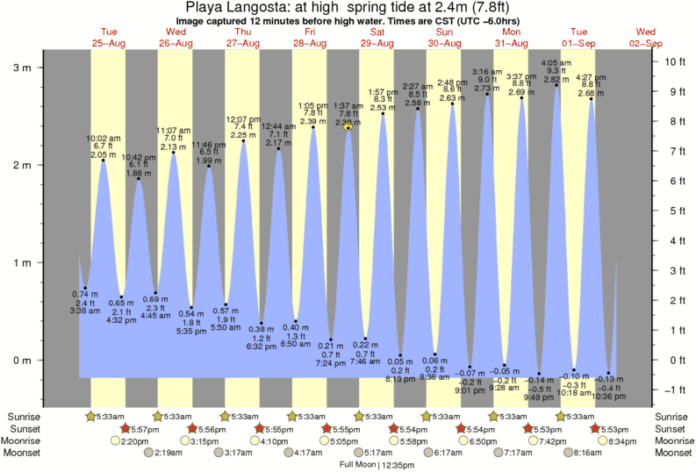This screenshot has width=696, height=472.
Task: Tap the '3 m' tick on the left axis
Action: [25, 68]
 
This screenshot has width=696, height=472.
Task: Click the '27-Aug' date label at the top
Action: [242, 43]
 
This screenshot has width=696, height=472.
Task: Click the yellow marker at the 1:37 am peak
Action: [348, 127]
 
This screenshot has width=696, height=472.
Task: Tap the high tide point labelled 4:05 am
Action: [556, 85]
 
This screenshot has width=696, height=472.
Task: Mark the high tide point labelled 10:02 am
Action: [104, 160]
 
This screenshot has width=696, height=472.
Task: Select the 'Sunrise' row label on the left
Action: [25, 417]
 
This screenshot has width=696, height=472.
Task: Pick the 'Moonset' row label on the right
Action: [672, 454]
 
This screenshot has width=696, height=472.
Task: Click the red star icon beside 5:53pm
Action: [595, 429]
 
